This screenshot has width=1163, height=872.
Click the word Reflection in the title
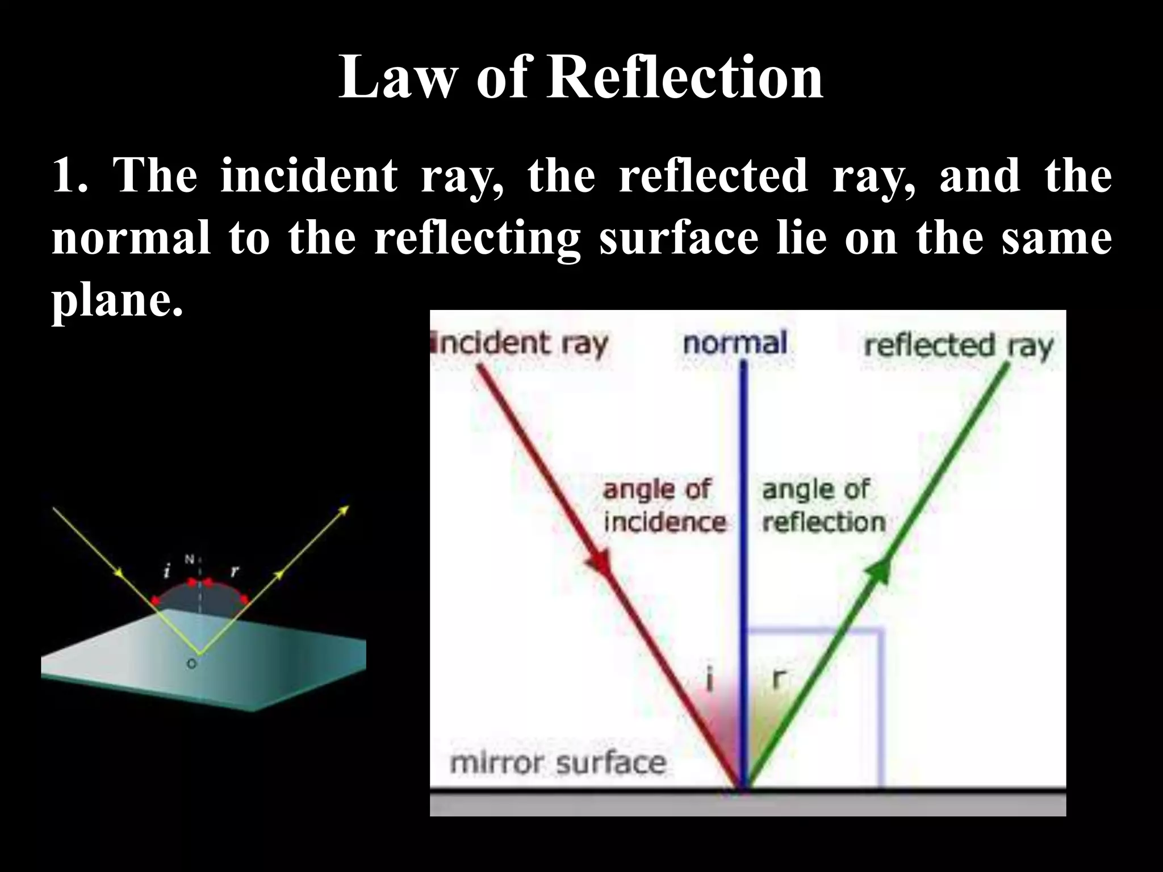click(685, 78)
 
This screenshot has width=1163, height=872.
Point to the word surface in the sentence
click(679, 238)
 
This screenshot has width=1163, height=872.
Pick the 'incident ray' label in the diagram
click(520, 344)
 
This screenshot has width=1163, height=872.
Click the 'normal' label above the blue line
click(735, 343)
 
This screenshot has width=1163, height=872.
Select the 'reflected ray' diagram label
click(958, 346)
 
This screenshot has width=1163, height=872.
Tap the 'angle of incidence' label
click(663, 506)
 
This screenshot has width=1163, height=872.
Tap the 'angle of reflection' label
click(823, 506)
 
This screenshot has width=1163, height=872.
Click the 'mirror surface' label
click(558, 763)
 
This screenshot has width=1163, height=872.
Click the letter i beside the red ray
click(709, 680)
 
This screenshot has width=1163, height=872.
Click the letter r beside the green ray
click(780, 678)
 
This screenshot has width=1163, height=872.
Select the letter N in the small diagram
click(190, 560)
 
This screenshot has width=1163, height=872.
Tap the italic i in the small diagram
click(167, 571)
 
